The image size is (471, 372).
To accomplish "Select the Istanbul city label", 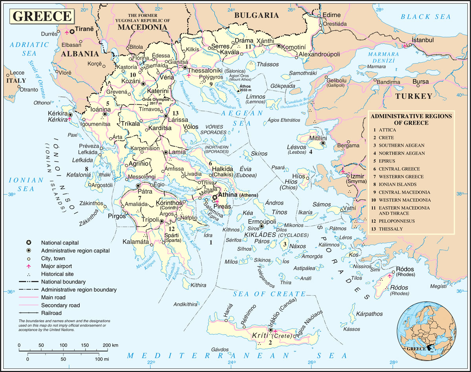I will (x=422, y=40).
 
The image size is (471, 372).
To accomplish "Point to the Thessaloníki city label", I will (x=206, y=71).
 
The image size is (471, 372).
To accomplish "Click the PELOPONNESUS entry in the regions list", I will (x=396, y=221).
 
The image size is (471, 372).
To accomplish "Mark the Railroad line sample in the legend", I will (x=28, y=313).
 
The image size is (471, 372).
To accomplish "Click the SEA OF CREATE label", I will (x=269, y=294).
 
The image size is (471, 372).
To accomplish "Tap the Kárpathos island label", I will (x=368, y=314).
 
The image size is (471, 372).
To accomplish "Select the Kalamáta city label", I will (x=135, y=241).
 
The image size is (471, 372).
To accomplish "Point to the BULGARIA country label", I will (x=256, y=15).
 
